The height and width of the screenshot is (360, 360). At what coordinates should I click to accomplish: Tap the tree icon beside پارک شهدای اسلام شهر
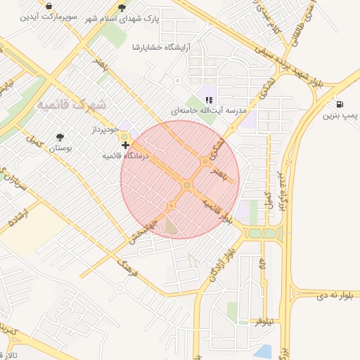click(122, 8)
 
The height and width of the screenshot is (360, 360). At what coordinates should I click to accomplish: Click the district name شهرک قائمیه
click(72, 105)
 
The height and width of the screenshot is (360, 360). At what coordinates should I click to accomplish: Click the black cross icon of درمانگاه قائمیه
click(125, 145)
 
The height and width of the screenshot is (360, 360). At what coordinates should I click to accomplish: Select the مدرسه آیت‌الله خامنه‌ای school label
click(209, 111)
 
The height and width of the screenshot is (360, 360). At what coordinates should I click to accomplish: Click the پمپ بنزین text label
click(340, 115)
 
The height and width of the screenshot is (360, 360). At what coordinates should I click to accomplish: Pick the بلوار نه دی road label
click(323, 295)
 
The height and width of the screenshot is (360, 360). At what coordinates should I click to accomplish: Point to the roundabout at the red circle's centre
click(187, 185)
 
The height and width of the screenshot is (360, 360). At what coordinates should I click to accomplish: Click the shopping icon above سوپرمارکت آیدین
click(49, 5)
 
